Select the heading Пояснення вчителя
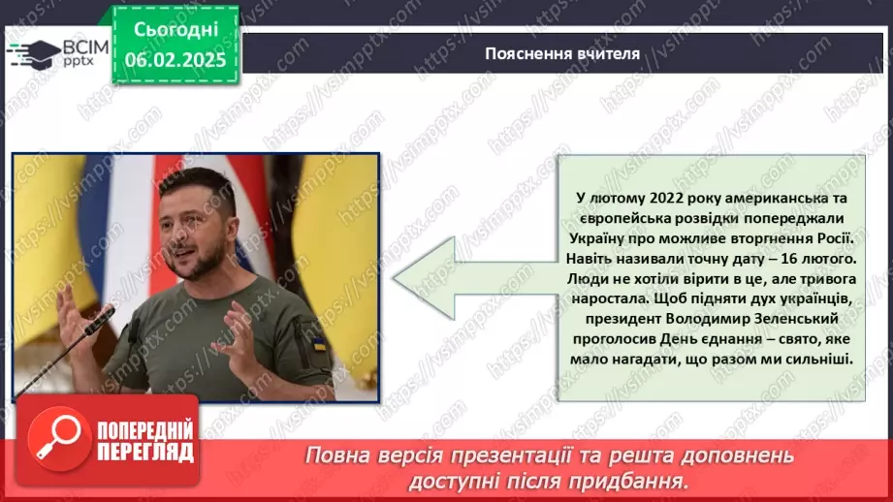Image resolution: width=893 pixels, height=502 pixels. [x=562, y=53]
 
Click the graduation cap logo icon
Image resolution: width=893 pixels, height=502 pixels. [x=33, y=53]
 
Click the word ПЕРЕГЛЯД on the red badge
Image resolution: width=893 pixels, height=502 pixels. [x=145, y=453]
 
